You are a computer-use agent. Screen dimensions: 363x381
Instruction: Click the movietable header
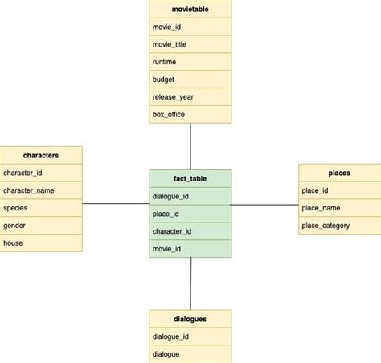pyautogui.click(x=190, y=9)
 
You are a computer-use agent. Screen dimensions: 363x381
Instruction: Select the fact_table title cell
pyautogui.click(x=190, y=178)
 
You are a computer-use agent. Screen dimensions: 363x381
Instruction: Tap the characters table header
pyautogui.click(x=41, y=154)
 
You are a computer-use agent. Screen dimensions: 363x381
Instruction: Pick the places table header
pyautogui.click(x=339, y=172)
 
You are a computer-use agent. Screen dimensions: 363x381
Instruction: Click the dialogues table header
pyautogui.click(x=190, y=319)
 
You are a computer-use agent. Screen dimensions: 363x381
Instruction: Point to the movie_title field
pyautogui.click(x=190, y=44)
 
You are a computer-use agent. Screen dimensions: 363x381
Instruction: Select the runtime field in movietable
pyautogui.click(x=190, y=62)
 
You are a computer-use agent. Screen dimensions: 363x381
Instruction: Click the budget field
pyautogui.click(x=190, y=80)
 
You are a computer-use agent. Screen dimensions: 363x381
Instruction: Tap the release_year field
pyautogui.click(x=190, y=97)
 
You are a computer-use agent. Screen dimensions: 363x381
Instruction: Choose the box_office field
pyautogui.click(x=190, y=115)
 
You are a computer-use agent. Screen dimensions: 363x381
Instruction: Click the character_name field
pyautogui.click(x=41, y=190)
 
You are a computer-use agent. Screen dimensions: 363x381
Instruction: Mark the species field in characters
pyautogui.click(x=41, y=208)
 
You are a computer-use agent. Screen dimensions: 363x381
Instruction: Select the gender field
pyautogui.click(x=41, y=226)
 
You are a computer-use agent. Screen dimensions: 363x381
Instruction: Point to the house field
pyautogui.click(x=41, y=243)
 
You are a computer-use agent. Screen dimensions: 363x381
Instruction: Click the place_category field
pyautogui.click(x=339, y=226)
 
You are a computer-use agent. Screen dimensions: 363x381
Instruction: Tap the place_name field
pyautogui.click(x=339, y=208)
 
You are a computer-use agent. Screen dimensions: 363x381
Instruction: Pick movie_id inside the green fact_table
pyautogui.click(x=190, y=249)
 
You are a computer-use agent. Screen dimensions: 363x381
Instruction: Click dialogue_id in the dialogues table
pyautogui.click(x=190, y=336)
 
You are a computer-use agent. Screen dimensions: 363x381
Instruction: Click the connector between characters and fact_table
pyautogui.click(x=116, y=204)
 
